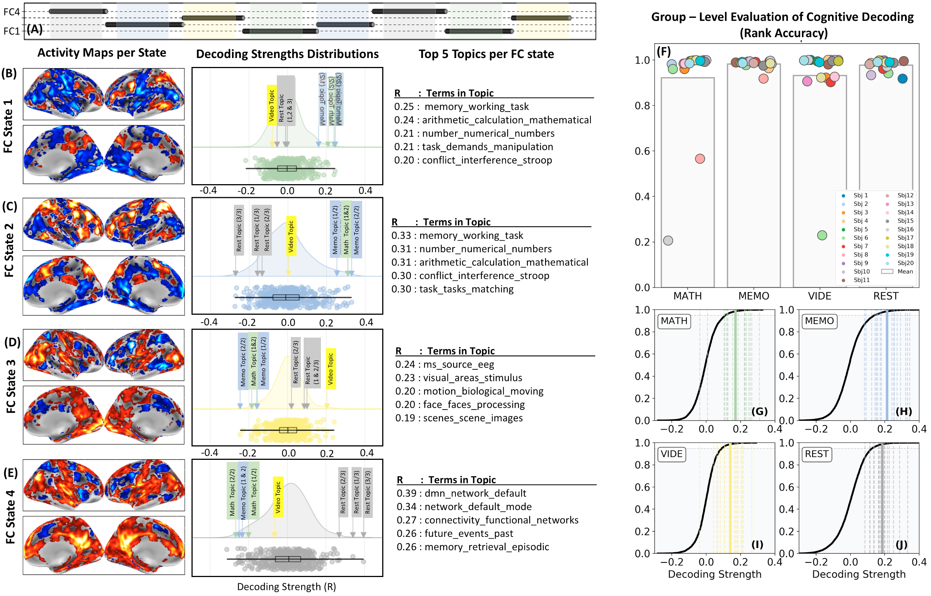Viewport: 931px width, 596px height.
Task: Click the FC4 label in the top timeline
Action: tap(11, 12)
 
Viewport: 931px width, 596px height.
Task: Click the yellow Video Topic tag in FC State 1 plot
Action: tap(271, 105)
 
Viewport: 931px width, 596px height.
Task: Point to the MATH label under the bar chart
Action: tap(687, 296)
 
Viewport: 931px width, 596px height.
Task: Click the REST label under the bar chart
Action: tap(886, 296)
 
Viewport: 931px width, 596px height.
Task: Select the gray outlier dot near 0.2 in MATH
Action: tap(668, 241)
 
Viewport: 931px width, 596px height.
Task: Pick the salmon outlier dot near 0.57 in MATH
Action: tap(700, 159)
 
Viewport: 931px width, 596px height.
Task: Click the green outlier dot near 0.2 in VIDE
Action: tap(822, 235)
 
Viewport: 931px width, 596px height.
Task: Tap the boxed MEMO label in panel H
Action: tap(819, 321)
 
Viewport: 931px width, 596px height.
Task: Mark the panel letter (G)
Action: tap(759, 411)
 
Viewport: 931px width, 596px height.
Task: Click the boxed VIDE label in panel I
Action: tap(671, 454)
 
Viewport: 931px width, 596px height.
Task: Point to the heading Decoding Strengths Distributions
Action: tap(287, 54)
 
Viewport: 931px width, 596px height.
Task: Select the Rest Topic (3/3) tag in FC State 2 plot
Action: tap(239, 230)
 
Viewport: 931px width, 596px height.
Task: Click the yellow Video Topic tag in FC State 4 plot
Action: tap(278, 497)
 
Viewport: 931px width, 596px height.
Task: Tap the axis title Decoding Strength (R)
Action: tap(287, 587)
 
